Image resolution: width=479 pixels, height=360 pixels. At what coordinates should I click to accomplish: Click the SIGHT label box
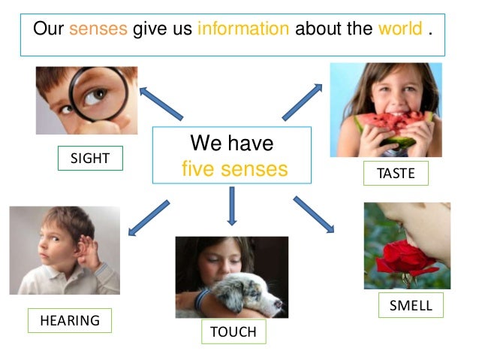[x=90, y=158]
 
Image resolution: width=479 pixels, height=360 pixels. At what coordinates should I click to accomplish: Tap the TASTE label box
[x=396, y=173]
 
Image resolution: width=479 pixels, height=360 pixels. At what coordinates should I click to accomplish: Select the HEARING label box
[x=70, y=320]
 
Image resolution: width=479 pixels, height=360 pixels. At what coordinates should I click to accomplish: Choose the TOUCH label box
[x=233, y=331]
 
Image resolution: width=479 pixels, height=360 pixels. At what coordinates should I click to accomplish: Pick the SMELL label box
[x=411, y=305]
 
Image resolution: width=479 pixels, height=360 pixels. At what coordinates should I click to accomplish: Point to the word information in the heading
[x=243, y=30]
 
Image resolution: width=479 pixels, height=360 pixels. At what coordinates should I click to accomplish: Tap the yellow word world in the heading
[x=400, y=30]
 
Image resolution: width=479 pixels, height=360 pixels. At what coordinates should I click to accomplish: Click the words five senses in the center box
[x=234, y=169]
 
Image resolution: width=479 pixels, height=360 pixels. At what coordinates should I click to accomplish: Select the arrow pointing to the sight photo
[x=161, y=103]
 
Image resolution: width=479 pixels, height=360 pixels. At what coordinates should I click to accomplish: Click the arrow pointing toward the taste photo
[x=302, y=101]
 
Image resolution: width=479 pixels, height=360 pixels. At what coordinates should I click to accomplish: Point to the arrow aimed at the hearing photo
[x=149, y=217]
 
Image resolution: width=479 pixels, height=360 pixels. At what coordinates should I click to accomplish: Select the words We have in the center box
[x=232, y=143]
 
